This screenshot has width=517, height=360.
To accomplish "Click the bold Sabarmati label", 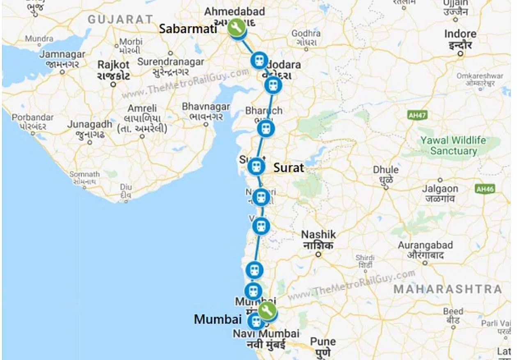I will pyautogui.click(x=188, y=29).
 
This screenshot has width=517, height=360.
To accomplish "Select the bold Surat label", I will pyautogui.click(x=289, y=167).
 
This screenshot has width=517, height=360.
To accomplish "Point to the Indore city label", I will pyautogui.click(x=460, y=34).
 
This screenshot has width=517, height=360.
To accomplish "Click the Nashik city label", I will pyautogui.click(x=318, y=235).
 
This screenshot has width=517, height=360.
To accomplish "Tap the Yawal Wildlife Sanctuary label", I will pyautogui.click(x=453, y=145).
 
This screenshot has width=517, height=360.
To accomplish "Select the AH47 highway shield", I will pyautogui.click(x=417, y=115).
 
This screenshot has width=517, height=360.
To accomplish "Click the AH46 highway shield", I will pyautogui.click(x=485, y=189).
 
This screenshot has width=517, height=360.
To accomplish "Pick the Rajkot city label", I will pyautogui.click(x=114, y=65).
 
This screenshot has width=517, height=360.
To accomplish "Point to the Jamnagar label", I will pyautogui.click(x=62, y=54).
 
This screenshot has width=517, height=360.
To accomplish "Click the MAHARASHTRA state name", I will pyautogui.click(x=448, y=289).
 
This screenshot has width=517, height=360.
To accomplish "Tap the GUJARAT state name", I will pyautogui.click(x=120, y=19).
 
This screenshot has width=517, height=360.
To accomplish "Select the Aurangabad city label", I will pyautogui.click(x=425, y=245).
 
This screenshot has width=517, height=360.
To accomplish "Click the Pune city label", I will pyautogui.click(x=323, y=342).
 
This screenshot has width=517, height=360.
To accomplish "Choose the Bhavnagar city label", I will pyautogui.click(x=206, y=107).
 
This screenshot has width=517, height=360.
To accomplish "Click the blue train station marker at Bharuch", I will pyautogui.click(x=265, y=128).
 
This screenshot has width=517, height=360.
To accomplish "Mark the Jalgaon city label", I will pyautogui.click(x=440, y=189).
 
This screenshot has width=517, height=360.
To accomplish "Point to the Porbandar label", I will pyautogui.click(x=33, y=117).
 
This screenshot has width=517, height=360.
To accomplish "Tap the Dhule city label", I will pyautogui.click(x=386, y=170).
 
